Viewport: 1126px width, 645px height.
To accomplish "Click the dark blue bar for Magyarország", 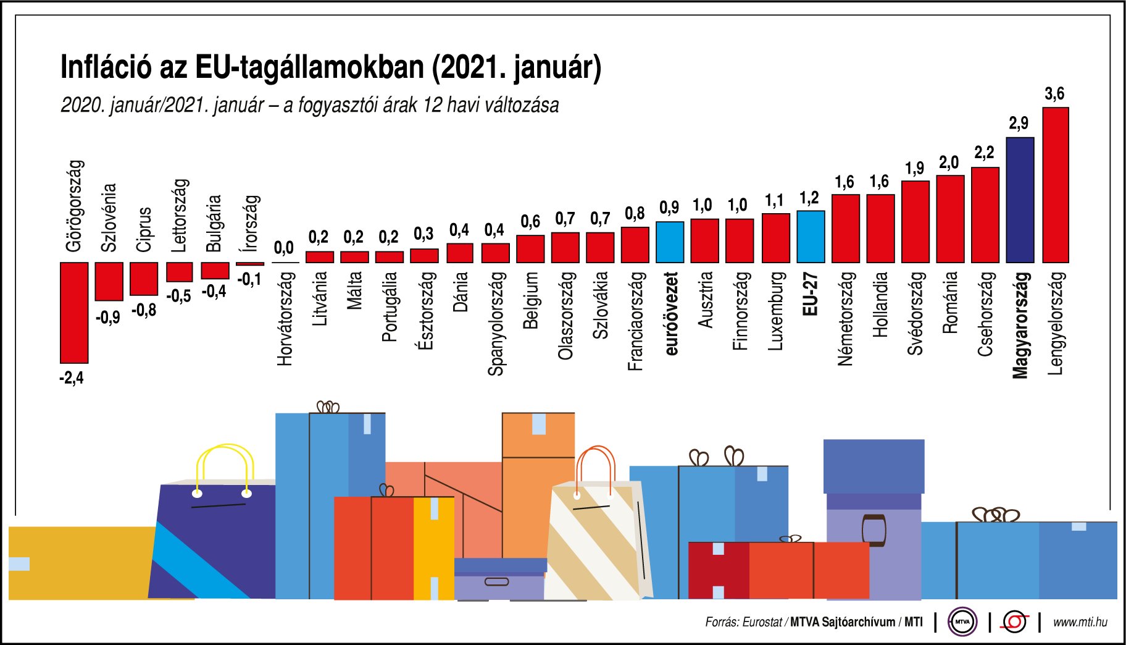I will point(1020,200).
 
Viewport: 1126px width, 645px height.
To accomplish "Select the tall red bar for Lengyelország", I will point(1055,185).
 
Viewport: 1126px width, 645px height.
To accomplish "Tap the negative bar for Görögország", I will point(74,313).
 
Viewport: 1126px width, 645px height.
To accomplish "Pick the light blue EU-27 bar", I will point(811,237).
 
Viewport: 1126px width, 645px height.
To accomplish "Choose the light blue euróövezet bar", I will point(670,242).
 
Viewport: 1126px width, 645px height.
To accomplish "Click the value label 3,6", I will point(1054,94).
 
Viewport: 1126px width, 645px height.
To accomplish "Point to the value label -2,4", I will point(71,377).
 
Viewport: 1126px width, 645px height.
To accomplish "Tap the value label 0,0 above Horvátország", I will point(283,248).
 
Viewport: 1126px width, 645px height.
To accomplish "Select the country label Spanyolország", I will point(496,324).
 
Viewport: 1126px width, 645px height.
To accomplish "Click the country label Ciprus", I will point(144,229).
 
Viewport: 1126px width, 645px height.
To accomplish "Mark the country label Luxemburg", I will point(775,311).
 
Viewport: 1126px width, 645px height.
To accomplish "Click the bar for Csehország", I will point(985,215).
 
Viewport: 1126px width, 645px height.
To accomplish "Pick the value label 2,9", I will point(1019,124).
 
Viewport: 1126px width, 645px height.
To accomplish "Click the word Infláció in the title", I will point(106,67).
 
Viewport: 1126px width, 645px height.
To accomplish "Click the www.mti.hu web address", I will point(1080,622).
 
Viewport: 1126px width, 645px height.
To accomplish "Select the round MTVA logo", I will point(962,622).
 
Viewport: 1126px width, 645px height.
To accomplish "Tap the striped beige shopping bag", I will point(596,544).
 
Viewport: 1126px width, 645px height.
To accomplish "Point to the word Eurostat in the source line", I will point(762,622).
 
